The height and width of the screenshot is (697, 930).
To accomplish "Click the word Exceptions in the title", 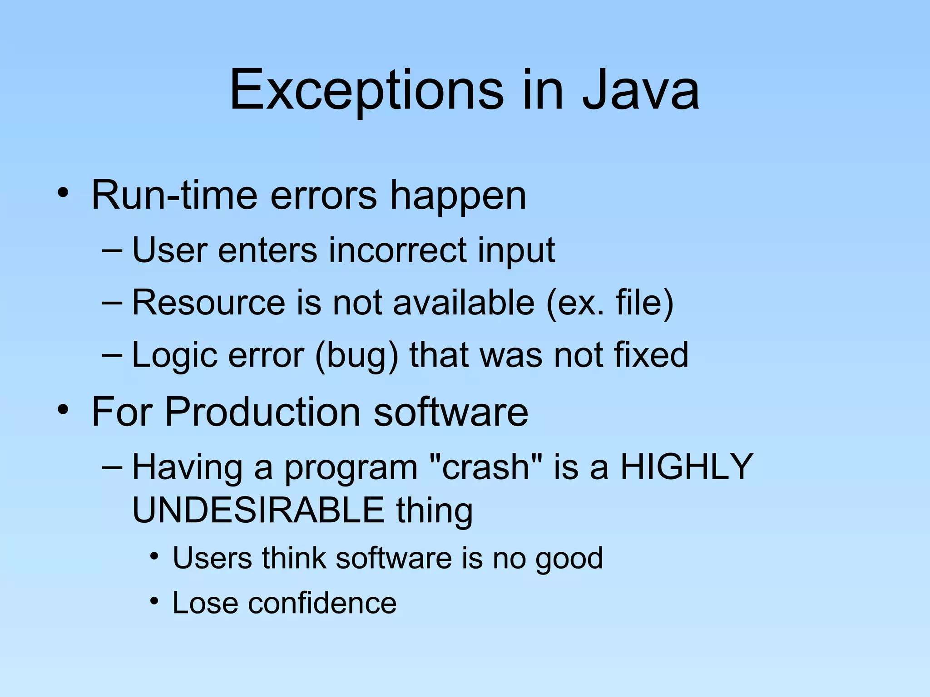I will (x=366, y=90).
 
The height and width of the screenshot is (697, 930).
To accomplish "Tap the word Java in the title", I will (x=640, y=90).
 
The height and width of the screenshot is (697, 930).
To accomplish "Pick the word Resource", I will (x=208, y=303).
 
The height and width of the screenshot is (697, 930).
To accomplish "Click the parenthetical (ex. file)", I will (x=610, y=303).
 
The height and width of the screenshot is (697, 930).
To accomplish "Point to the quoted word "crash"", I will (x=485, y=467).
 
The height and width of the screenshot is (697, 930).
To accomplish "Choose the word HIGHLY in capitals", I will (x=687, y=467).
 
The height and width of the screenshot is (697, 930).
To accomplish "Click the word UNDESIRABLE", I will (x=258, y=510).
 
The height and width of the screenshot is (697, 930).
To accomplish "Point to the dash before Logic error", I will (x=112, y=354).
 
